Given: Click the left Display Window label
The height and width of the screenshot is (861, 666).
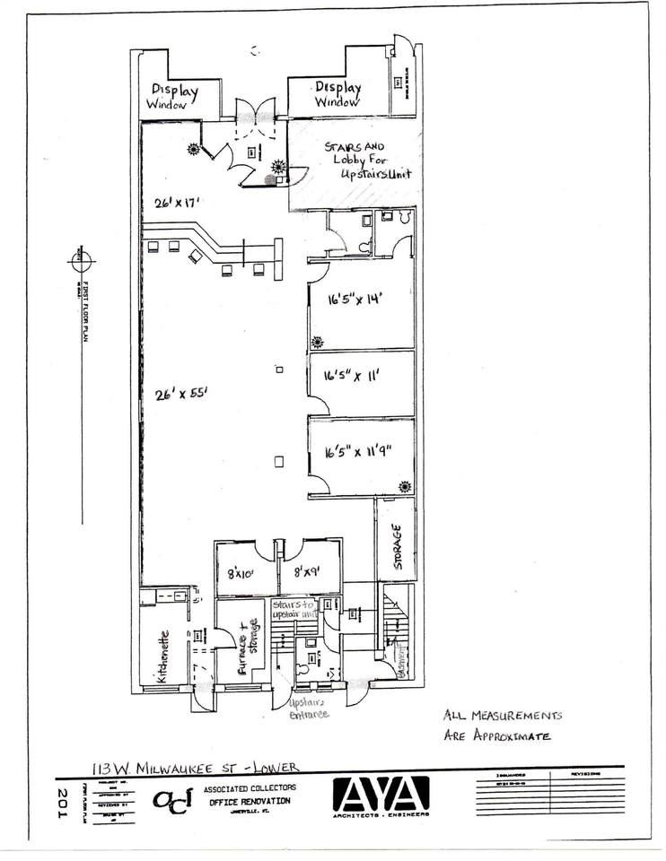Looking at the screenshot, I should pyautogui.click(x=173, y=96).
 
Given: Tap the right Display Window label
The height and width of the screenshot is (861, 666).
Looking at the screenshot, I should pyautogui.click(x=337, y=94).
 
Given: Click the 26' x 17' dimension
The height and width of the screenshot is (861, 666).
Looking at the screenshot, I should pyautogui.click(x=175, y=203).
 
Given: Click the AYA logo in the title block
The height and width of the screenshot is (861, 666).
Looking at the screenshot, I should pyautogui.click(x=381, y=795).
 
